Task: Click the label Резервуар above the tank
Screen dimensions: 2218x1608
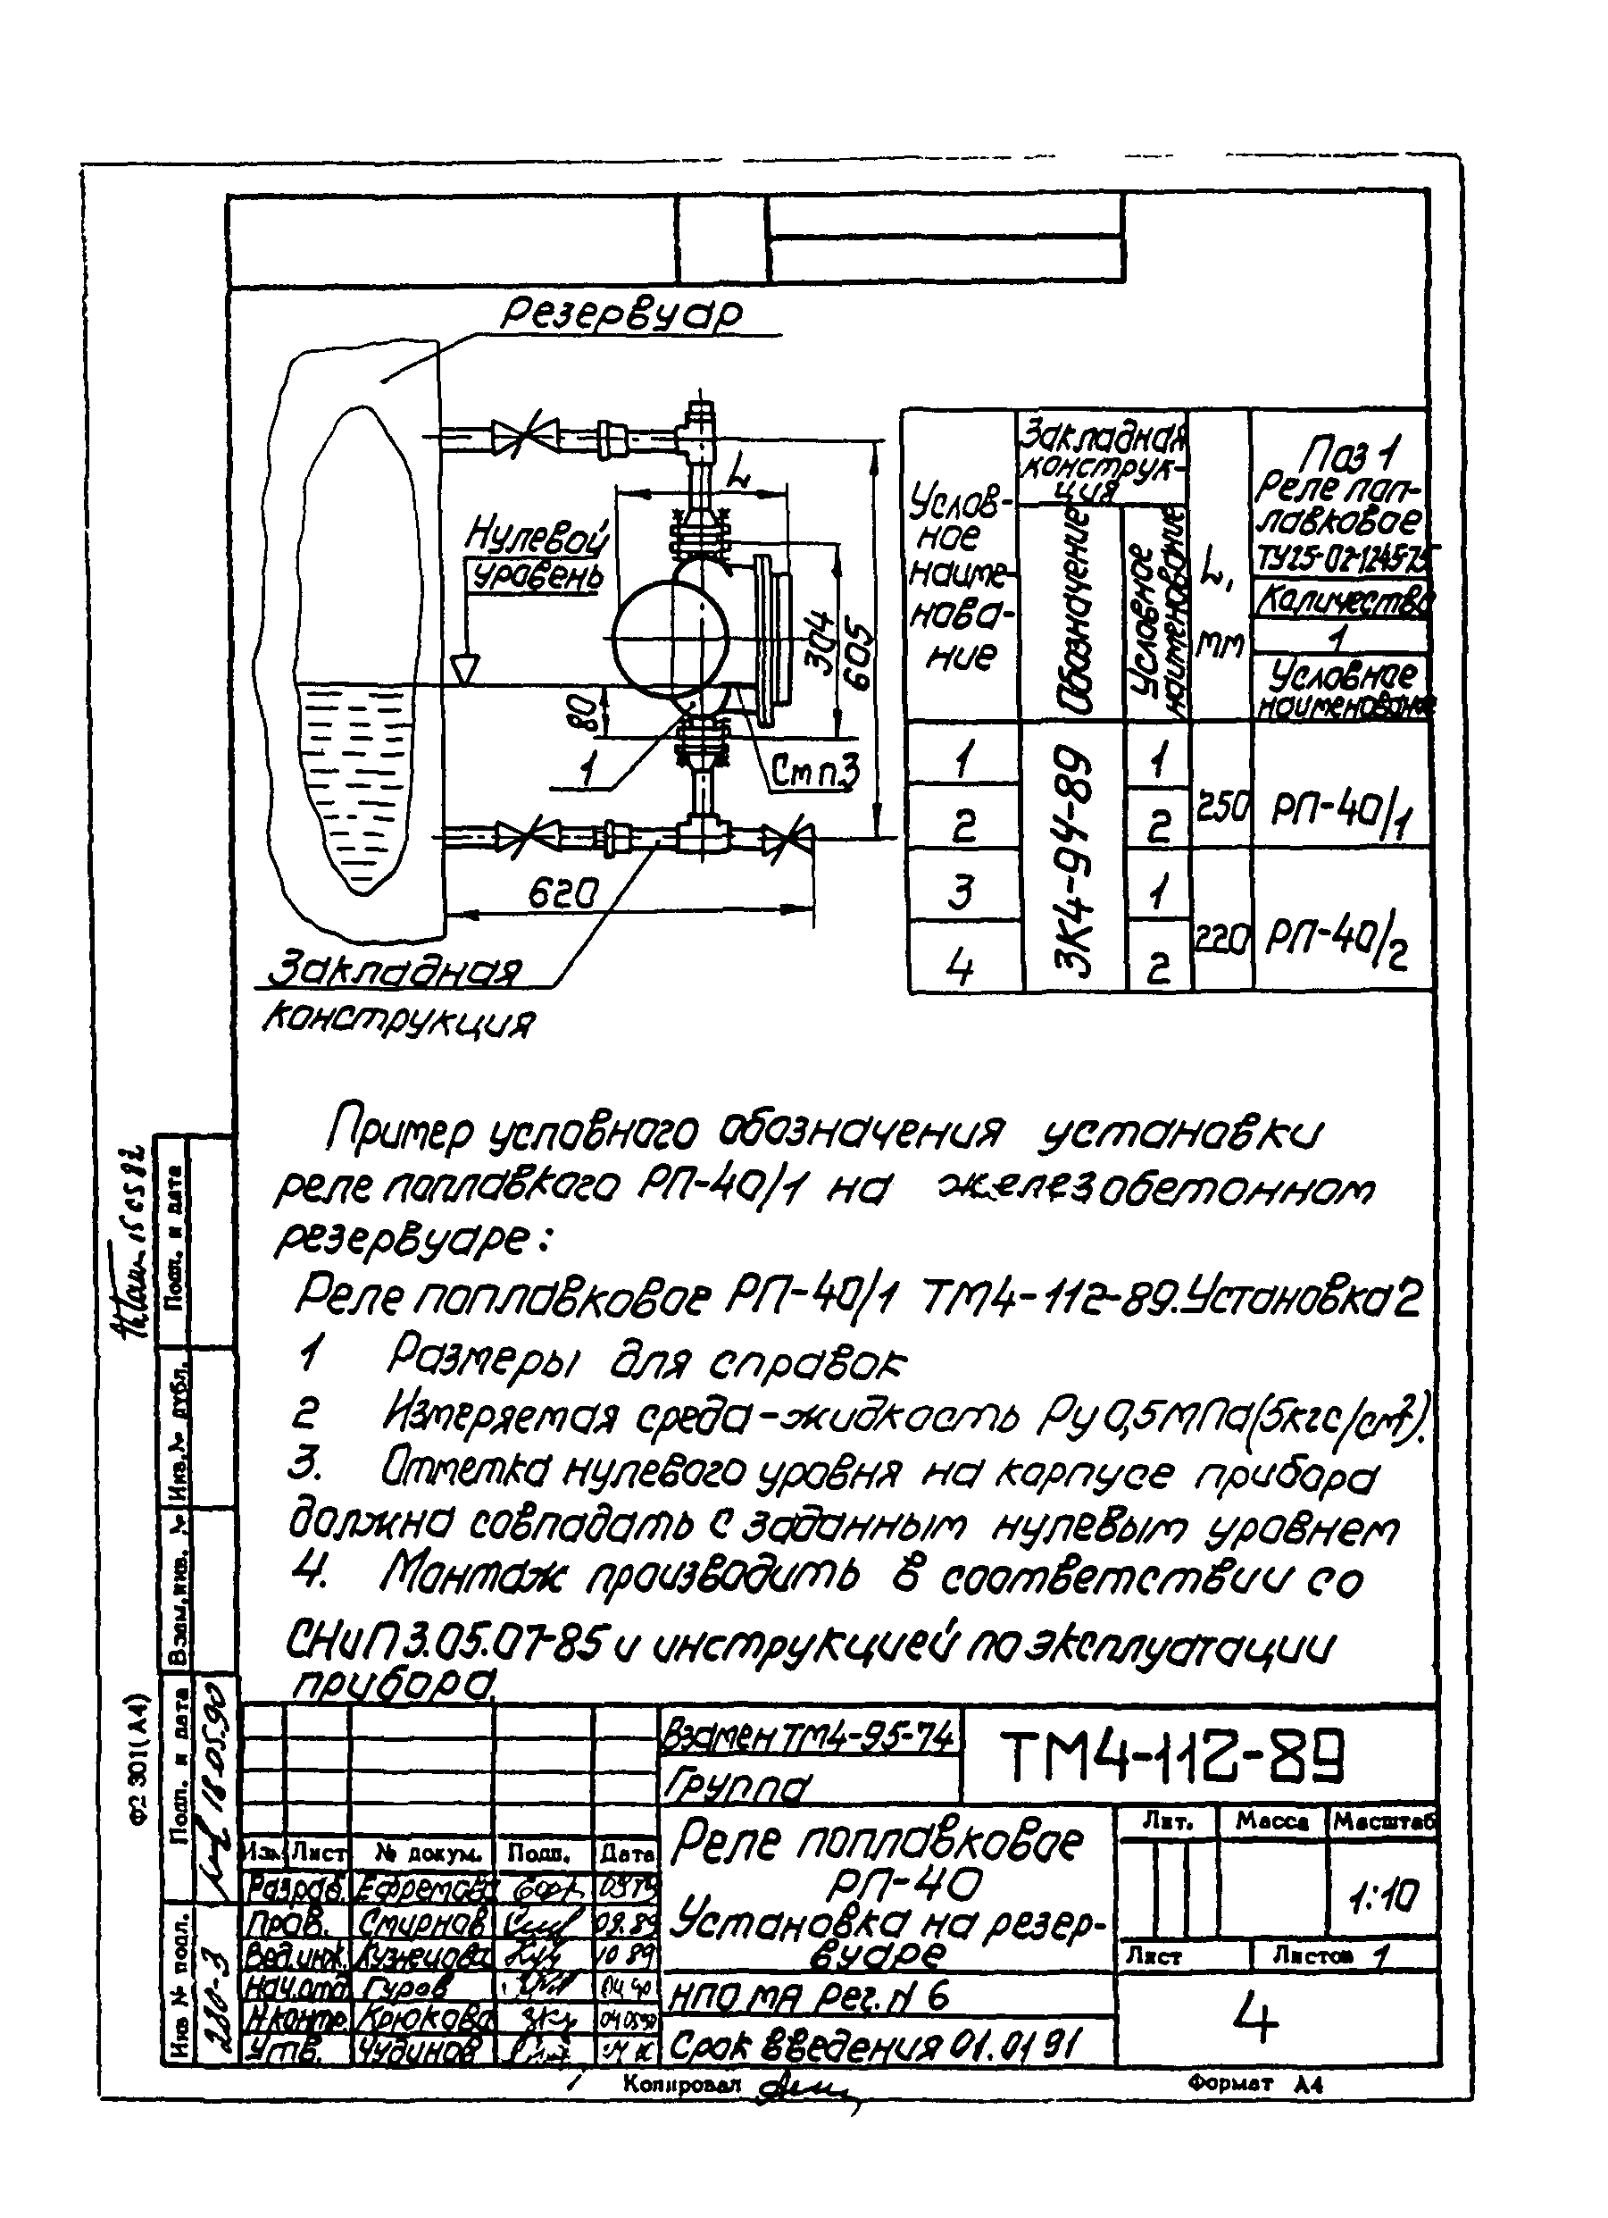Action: (621, 314)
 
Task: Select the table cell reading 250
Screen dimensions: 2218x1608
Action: (1221, 808)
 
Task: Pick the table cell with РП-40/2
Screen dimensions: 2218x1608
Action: (1338, 940)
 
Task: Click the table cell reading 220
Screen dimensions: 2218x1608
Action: (1221, 940)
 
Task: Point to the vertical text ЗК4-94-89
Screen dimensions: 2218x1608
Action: (1072, 860)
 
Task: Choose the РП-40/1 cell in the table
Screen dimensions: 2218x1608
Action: (1340, 808)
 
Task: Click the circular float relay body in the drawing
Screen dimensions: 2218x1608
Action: (671, 636)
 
